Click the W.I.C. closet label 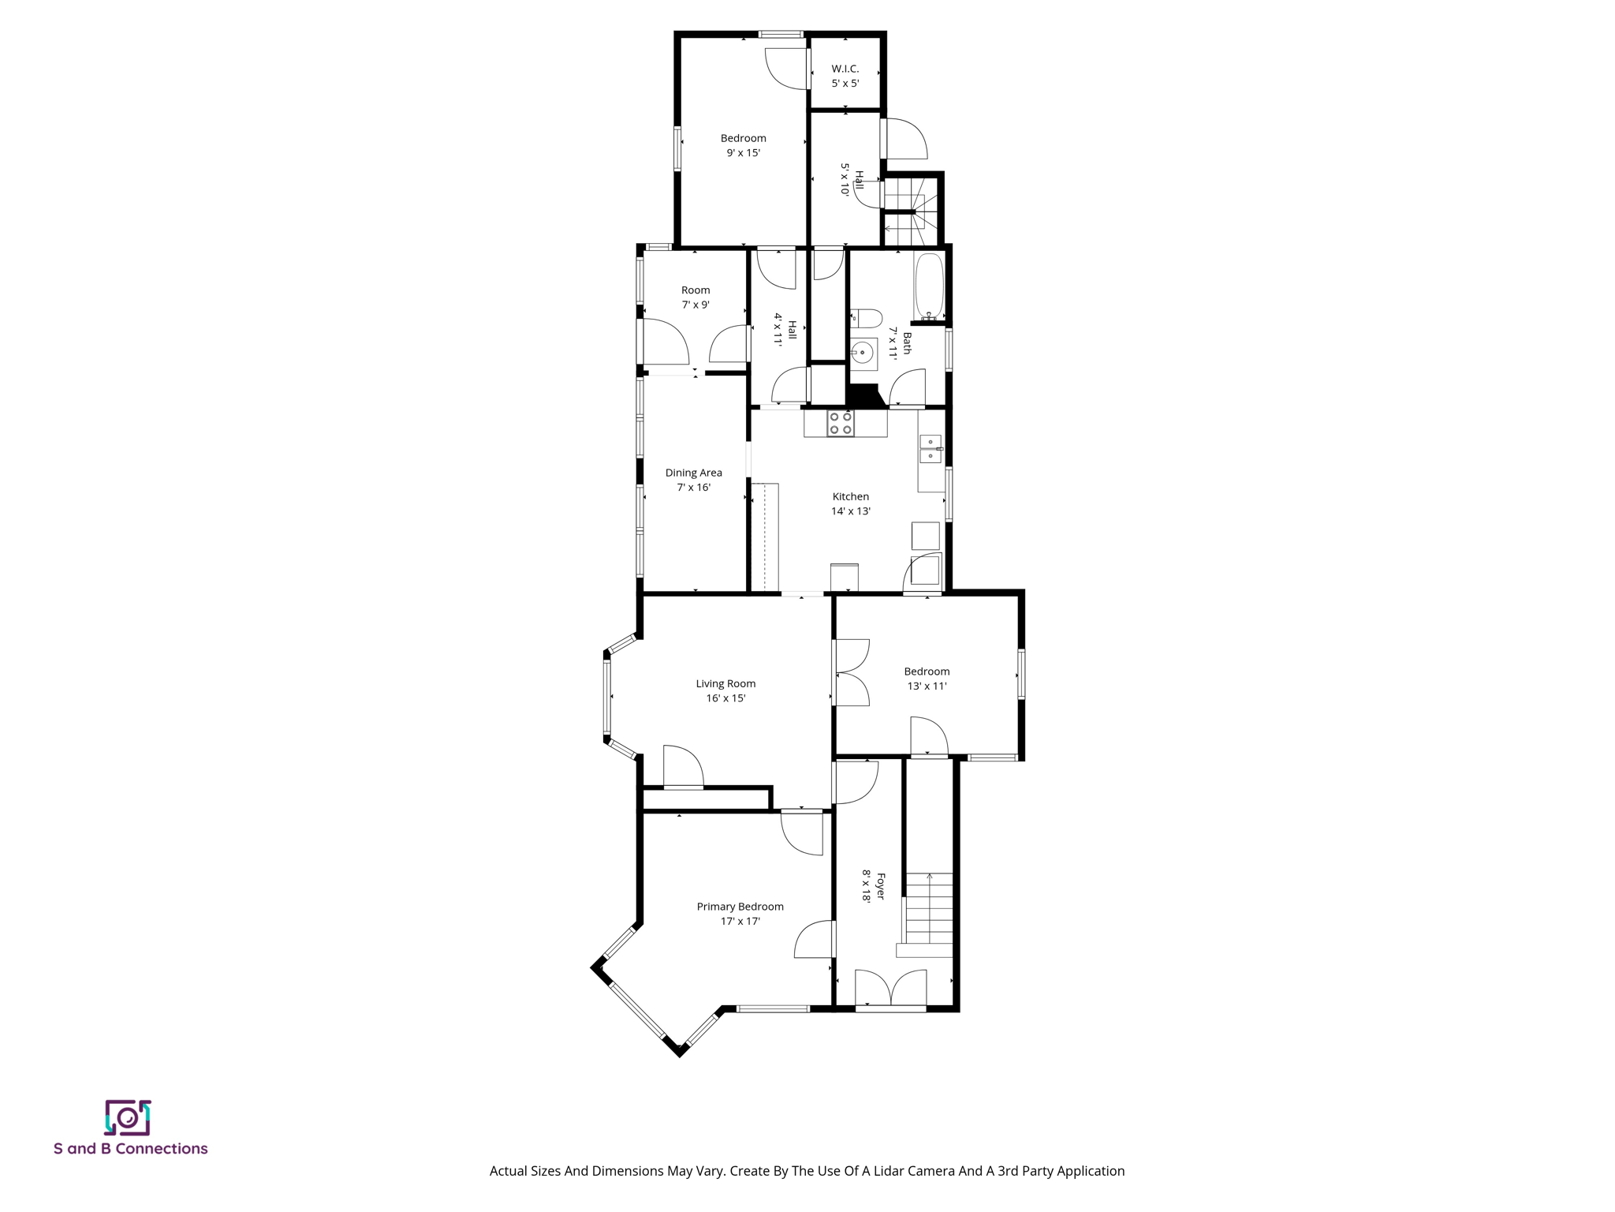coord(845,69)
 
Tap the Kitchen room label coord(850,496)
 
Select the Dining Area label coord(693,473)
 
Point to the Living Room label coord(725,683)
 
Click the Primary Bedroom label coord(740,907)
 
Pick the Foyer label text coord(881,885)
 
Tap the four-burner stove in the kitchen coord(840,423)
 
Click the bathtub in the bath coord(929,285)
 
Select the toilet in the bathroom coord(866,319)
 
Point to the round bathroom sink coord(863,353)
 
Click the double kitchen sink coord(931,449)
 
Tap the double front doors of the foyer coord(890,990)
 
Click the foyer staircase coord(928,909)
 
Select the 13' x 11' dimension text coord(927,686)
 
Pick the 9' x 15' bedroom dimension coord(743,153)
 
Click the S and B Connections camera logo coord(128,1117)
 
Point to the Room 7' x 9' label coord(696,290)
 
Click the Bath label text coord(908,342)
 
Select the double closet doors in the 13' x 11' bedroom coord(852,672)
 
